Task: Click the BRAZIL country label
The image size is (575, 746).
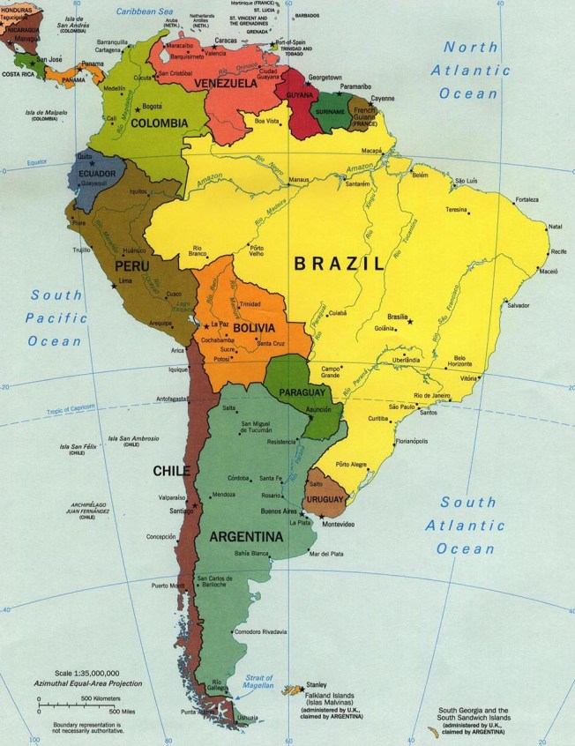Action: [339, 263]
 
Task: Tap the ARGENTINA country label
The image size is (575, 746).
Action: [246, 536]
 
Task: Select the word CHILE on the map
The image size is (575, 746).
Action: [171, 471]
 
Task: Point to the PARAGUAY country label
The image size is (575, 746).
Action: [303, 392]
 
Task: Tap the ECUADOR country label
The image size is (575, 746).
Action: [97, 174]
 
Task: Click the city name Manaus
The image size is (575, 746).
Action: [302, 180]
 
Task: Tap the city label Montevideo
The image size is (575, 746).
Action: [338, 525]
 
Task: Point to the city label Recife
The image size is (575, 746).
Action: [558, 252]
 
